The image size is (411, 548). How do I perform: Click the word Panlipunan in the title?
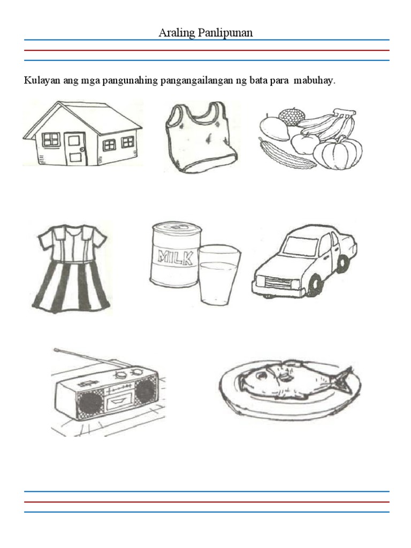(x=225, y=33)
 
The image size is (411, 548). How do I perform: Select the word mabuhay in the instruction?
(x=314, y=81)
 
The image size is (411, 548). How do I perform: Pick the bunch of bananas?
(x=329, y=124)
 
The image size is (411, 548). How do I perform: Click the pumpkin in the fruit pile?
(x=338, y=153)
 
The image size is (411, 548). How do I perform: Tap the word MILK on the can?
(x=176, y=257)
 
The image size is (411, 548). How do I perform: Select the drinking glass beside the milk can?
(x=219, y=273)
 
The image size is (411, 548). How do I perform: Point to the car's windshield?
(x=300, y=246)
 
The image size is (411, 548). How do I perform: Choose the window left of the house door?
(x=51, y=139)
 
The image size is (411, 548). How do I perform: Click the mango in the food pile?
(x=275, y=128)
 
